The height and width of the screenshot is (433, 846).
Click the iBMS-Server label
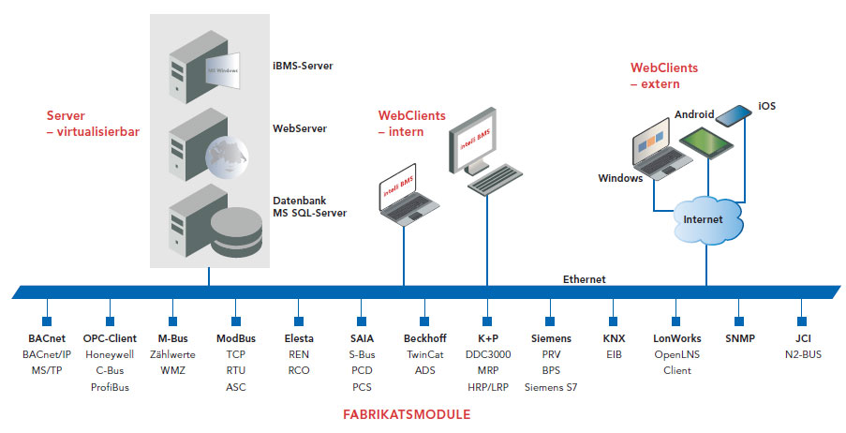tap(303, 67)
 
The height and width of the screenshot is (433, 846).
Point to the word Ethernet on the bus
tap(584, 279)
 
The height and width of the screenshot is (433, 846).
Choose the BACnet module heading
tap(46, 338)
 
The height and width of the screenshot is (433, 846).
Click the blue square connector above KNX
tap(613, 307)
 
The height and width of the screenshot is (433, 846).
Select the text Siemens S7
tap(551, 385)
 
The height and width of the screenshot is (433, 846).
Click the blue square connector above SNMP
tap(739, 307)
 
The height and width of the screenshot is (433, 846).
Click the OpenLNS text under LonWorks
tap(676, 355)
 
